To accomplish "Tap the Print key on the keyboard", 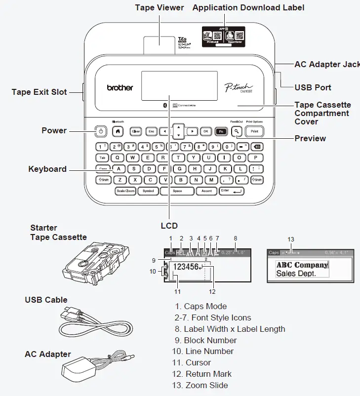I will (x=254, y=131).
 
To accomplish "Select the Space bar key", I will (x=177, y=191).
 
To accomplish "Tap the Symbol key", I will (x=148, y=191).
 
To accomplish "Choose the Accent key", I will (x=206, y=191).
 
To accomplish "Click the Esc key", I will (x=151, y=131).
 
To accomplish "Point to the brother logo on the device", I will (x=120, y=87).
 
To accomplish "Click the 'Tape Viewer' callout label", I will (x=159, y=7).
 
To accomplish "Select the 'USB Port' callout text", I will (x=313, y=87).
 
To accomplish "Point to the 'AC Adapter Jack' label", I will (x=326, y=64).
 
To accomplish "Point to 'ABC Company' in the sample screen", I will (x=302, y=265).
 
